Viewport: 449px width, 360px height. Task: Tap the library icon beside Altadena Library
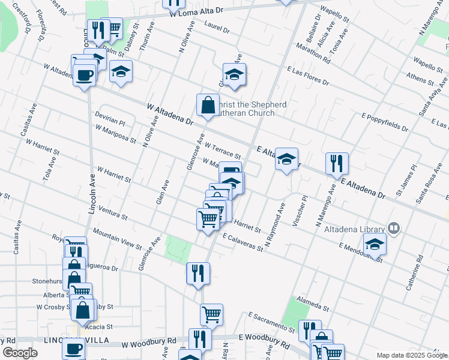click(394, 228)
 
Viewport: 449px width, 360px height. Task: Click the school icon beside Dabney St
click(121, 72)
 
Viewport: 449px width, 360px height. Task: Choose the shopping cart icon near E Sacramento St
click(211, 314)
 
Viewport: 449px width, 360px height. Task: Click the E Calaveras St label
click(243, 242)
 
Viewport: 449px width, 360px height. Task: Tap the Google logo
click(20, 353)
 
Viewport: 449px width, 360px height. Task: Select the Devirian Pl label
click(109, 118)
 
